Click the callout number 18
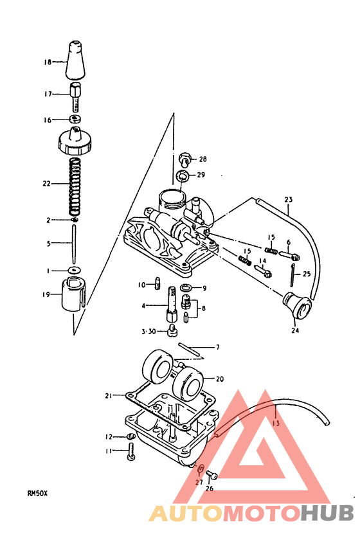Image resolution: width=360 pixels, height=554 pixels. pyautogui.click(x=47, y=63)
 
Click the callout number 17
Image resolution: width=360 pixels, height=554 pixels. pyautogui.click(x=47, y=94)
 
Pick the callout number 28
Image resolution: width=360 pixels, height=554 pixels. pyautogui.click(x=203, y=159)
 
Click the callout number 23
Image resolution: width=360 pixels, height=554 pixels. pyautogui.click(x=288, y=199)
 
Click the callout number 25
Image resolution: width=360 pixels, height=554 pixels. pyautogui.click(x=306, y=274)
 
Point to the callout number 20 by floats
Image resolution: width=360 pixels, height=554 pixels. pyautogui.click(x=220, y=379)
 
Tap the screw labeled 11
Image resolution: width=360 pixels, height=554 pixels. pyautogui.click(x=131, y=452)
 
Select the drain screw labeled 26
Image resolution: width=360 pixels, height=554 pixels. pyautogui.click(x=214, y=476)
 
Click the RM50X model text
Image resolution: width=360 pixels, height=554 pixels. pyautogui.click(x=37, y=494)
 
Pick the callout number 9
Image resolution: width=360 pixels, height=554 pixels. pyautogui.click(x=204, y=288)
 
